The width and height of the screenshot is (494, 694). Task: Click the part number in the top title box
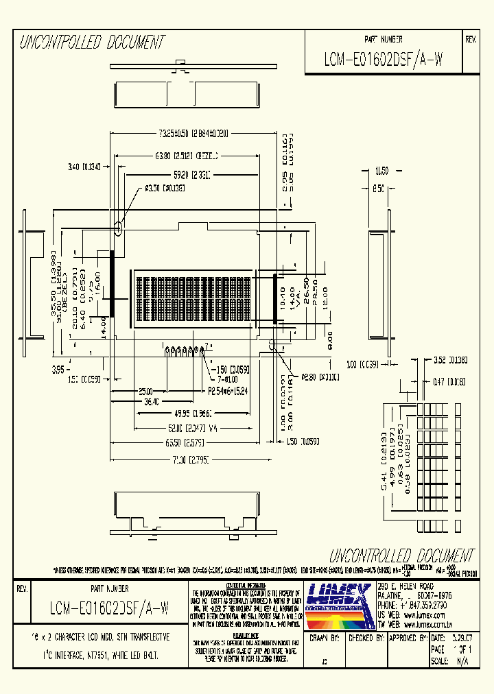tap(384, 60)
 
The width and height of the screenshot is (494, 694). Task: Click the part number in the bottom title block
tap(109, 608)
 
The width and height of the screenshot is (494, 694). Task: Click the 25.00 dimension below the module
tap(145, 391)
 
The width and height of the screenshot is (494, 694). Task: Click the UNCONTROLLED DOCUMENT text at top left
tap(92, 43)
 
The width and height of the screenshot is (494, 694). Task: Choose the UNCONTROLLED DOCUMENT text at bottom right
tap(401, 555)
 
